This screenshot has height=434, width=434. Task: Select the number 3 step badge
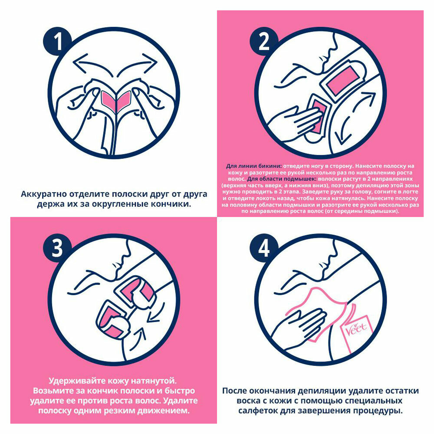click(x=57, y=248)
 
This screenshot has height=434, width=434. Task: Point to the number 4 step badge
click(x=264, y=248)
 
